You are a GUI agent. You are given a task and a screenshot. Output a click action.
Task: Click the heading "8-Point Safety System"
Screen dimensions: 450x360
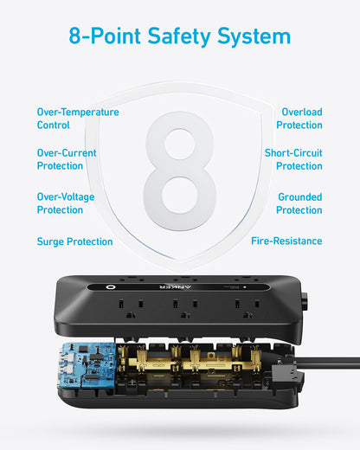point(180,36)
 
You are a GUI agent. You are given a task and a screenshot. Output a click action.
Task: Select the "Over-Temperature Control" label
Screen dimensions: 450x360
point(78,119)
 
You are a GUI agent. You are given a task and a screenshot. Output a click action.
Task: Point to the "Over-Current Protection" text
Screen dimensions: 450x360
point(67,159)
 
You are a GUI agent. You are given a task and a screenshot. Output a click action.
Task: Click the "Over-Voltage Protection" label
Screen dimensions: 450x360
point(66,203)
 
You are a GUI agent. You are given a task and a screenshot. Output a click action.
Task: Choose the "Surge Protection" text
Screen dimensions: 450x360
point(74,241)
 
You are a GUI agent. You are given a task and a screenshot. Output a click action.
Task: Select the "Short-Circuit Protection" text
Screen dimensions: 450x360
point(293,159)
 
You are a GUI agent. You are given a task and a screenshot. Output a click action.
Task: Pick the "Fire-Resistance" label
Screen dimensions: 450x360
point(286,241)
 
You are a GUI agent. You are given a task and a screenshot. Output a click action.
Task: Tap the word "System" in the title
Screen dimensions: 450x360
point(254,36)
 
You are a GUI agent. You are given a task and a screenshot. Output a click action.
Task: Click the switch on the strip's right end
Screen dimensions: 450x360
point(305,304)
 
